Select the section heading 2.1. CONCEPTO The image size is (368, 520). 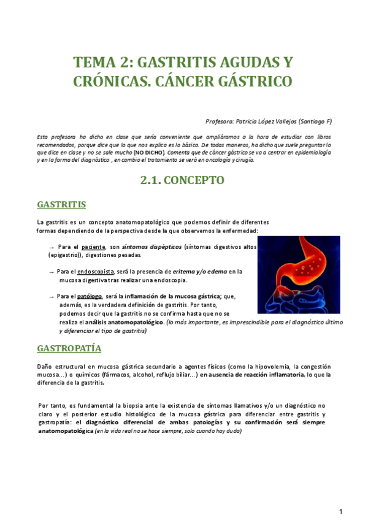[183, 180]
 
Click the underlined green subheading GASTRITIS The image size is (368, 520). [61, 204]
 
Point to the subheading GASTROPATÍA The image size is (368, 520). [69, 349]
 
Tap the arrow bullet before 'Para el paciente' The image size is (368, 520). [51, 246]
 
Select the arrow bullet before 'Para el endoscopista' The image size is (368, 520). [51, 271]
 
